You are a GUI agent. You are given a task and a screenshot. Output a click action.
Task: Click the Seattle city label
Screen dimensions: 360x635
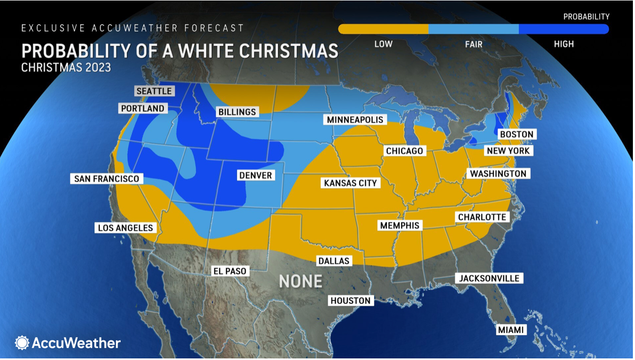coord(154,91)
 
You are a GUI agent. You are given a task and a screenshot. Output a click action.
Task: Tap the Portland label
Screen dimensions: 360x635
coord(143,109)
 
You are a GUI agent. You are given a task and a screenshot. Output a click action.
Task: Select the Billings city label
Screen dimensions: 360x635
coord(237,112)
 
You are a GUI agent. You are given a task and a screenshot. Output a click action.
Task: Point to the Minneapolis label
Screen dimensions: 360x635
coord(355,120)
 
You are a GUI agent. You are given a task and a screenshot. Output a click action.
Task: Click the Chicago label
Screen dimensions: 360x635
coord(405,151)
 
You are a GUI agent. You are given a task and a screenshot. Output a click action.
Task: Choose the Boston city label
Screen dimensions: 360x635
coord(517,134)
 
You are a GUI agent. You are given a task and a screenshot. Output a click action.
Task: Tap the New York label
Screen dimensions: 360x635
coord(508,151)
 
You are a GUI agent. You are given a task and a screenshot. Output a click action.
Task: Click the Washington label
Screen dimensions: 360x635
coord(498,174)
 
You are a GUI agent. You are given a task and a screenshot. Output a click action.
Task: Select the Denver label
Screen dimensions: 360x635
coord(256,175)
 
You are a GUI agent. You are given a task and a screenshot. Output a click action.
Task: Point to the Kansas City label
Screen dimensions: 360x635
coord(350,183)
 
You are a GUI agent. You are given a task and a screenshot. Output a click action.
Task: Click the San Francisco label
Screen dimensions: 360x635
coord(107,178)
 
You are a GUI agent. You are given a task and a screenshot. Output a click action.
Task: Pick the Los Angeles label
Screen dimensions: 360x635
coord(125,228)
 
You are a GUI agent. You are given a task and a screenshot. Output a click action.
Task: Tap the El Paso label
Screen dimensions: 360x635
coord(229,271)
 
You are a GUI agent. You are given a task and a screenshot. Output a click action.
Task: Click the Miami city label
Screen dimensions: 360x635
coord(511,330)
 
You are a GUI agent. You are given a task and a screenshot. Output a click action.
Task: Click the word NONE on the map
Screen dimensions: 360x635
coord(301,281)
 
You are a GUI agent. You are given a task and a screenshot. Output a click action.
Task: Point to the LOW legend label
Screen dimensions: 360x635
coord(383,44)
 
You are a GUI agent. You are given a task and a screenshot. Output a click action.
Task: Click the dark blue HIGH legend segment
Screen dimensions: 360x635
coord(564,29)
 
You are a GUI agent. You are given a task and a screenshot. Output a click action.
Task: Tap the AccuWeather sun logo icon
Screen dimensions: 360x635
coord(22,343)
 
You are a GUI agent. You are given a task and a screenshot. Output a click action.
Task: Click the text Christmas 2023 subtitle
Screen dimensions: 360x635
coord(66,68)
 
